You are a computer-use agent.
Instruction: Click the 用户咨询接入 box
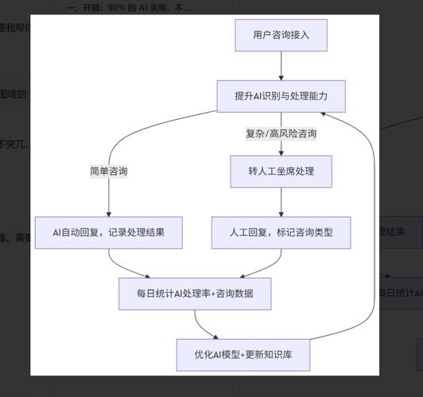point(281,35)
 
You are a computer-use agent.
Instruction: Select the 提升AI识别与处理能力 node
point(281,96)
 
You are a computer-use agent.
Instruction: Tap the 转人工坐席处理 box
point(281,171)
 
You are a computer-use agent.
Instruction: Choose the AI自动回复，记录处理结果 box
point(109,233)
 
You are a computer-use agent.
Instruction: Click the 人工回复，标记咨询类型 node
point(281,233)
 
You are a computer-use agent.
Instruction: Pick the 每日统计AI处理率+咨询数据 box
point(195,293)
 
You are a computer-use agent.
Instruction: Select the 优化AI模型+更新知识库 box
point(243,354)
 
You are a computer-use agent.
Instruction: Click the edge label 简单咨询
point(109,171)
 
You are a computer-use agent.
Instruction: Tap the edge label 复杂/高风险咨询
point(281,133)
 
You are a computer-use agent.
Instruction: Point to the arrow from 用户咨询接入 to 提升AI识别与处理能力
point(281,65)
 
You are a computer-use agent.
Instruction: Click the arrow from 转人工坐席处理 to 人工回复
point(281,202)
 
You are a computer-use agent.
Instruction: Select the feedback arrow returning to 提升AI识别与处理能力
point(371,222)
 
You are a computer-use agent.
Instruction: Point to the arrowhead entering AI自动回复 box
point(109,212)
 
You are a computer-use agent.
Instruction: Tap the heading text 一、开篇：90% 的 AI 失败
point(128,8)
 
